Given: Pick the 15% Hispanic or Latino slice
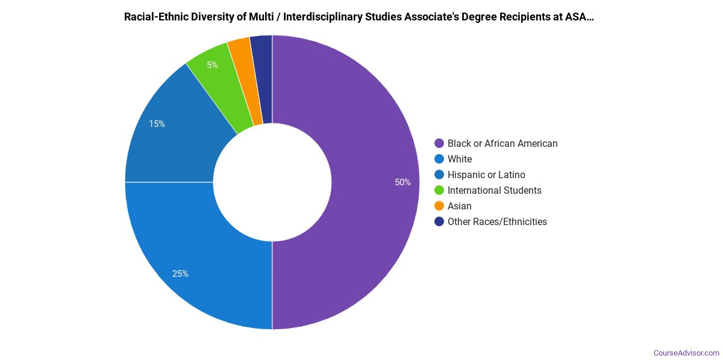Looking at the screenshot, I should pyautogui.click(x=175, y=132).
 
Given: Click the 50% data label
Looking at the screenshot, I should pyautogui.click(x=402, y=182).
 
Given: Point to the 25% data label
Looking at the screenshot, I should pyautogui.click(x=180, y=274).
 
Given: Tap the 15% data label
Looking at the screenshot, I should pyautogui.click(x=157, y=124).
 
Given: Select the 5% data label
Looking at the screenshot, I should pyautogui.click(x=212, y=65).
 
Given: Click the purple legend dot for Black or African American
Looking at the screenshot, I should pyautogui.click(x=439, y=143).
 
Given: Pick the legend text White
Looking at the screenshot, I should pyautogui.click(x=460, y=159).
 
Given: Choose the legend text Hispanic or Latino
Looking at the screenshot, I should pyautogui.click(x=486, y=174).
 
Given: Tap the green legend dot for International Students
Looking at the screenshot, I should pyautogui.click(x=439, y=190).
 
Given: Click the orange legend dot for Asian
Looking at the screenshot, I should pyautogui.click(x=439, y=206).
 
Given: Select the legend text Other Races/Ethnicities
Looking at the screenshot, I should pyautogui.click(x=497, y=221).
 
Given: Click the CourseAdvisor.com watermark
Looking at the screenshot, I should pyautogui.click(x=686, y=353).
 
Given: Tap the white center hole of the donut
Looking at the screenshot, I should pyautogui.click(x=272, y=182).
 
